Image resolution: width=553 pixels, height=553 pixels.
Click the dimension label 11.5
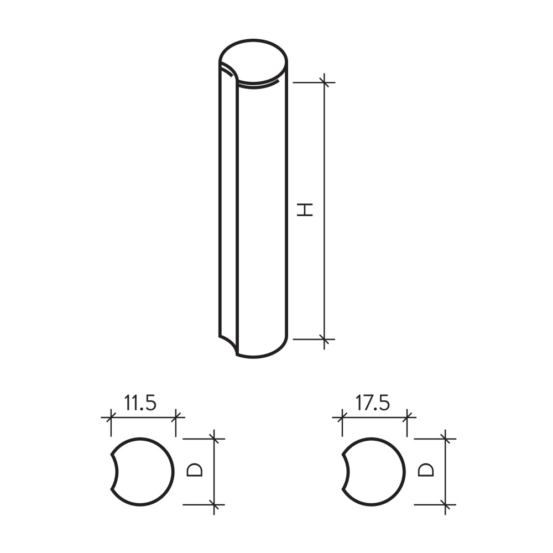coord(140,403)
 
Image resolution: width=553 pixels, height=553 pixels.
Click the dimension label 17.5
coord(372,403)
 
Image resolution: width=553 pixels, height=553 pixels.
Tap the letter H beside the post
coord(305,210)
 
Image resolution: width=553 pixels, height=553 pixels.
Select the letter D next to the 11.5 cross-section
coord(194,470)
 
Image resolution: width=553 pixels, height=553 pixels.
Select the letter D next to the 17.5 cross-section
coord(426,470)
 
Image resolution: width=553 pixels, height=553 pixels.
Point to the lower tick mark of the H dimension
coord(325,340)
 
